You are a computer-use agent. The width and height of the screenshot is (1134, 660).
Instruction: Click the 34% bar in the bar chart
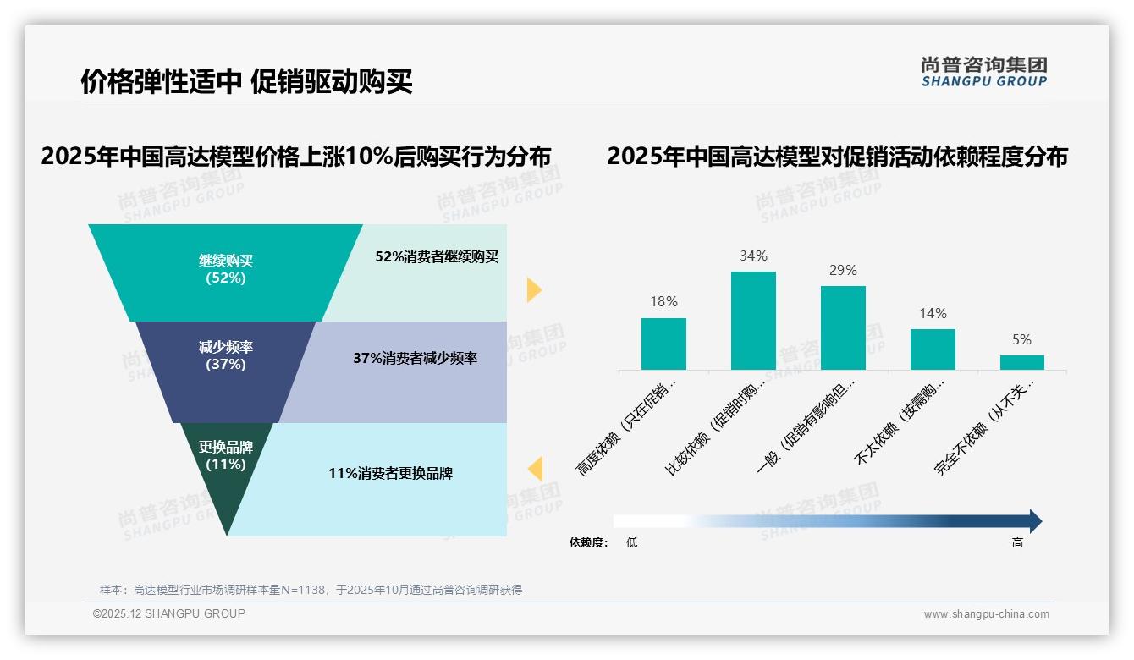753,321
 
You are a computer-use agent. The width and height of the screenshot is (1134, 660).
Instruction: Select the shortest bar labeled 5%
1021,362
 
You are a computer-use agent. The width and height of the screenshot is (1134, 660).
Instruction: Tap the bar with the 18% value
663,344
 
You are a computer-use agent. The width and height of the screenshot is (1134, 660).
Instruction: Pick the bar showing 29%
843,327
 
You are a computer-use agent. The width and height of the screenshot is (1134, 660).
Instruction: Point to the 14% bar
933,349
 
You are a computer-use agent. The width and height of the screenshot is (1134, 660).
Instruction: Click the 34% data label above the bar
753,256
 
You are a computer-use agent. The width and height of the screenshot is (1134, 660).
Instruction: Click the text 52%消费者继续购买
437,257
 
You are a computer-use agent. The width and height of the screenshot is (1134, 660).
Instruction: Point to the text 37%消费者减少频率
415,359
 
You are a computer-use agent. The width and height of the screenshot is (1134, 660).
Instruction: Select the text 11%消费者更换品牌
390,474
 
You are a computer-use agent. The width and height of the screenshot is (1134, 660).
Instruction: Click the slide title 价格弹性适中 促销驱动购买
246,82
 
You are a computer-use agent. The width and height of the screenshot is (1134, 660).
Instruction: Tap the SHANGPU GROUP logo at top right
984,72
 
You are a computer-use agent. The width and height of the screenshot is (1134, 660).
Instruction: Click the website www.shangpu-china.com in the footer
986,614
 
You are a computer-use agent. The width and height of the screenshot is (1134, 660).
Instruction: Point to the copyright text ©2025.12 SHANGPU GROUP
169,613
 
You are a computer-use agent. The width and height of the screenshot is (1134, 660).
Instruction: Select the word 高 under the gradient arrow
1017,543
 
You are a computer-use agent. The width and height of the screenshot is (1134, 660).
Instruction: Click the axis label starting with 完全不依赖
986,438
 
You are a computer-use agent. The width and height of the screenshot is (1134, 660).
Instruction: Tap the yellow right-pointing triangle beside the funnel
533,289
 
